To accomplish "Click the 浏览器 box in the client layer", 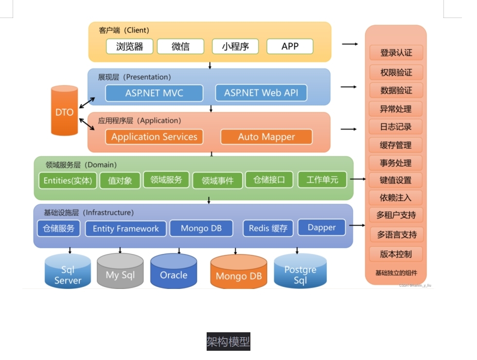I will tap(129, 47).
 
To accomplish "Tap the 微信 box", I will tap(180, 47).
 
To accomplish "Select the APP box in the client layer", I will tap(290, 47).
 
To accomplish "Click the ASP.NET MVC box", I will tap(154, 93).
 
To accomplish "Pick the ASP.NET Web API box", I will tap(261, 93).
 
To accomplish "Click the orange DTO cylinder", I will tap(64, 111).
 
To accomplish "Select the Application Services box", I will tap(154, 137).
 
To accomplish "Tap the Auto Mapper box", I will tap(266, 137).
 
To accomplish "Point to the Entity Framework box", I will tap(125, 228).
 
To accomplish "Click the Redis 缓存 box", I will tap(268, 228).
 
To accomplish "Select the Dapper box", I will tap(321, 227).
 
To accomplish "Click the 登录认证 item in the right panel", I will tap(396, 53).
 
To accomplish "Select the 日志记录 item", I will tap(396, 126).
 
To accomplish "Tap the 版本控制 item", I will tap(396, 254).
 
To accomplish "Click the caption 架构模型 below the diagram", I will tap(228, 342).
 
